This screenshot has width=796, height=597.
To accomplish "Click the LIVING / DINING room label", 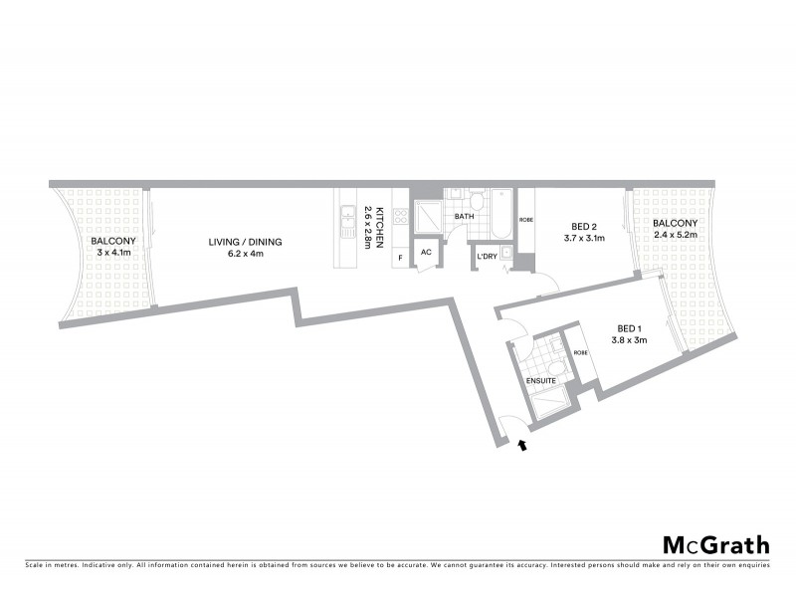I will point(245,242).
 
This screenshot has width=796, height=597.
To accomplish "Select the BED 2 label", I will point(584,226).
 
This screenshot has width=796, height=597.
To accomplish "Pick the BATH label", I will point(464,216).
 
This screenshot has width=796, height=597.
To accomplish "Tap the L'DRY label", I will point(487,257).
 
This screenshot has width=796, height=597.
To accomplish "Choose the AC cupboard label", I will point(426,253).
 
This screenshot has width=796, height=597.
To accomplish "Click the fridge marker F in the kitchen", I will point(400,257).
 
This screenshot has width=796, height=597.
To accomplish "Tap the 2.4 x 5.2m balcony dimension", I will point(675,235).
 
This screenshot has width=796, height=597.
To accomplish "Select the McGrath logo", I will point(716,544).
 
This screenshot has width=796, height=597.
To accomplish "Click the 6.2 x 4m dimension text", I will point(245,255).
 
